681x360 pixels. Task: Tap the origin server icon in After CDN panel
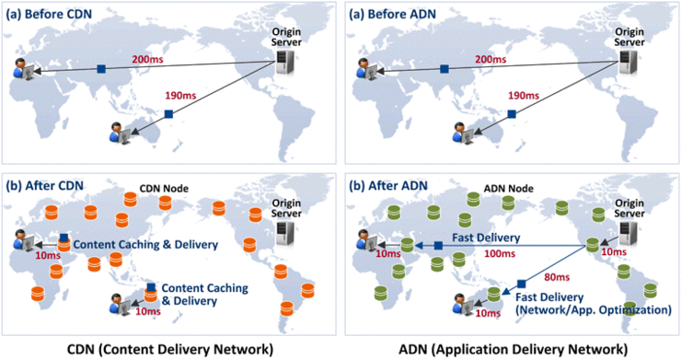[x=288, y=230]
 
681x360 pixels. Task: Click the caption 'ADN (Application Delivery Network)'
[x=509, y=348]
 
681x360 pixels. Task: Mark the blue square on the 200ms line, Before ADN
[x=444, y=69]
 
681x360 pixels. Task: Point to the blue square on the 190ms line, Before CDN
[x=168, y=113]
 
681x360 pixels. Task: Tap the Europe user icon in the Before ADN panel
[x=363, y=70]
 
